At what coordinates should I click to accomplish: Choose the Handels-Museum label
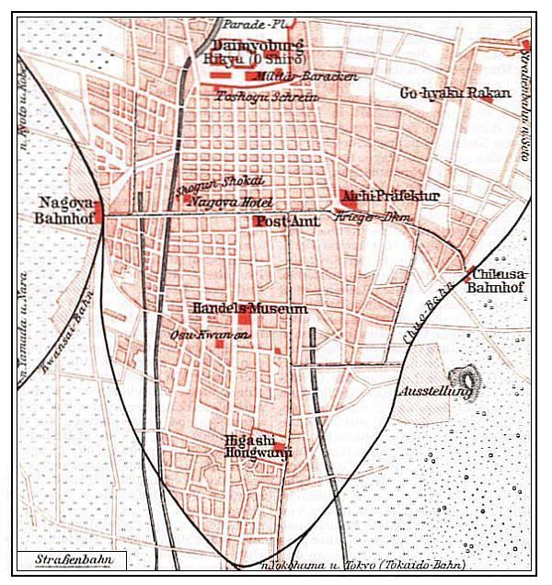[x=249, y=309]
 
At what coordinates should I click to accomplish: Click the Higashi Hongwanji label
[x=253, y=446]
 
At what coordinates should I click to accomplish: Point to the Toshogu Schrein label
[x=267, y=96]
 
